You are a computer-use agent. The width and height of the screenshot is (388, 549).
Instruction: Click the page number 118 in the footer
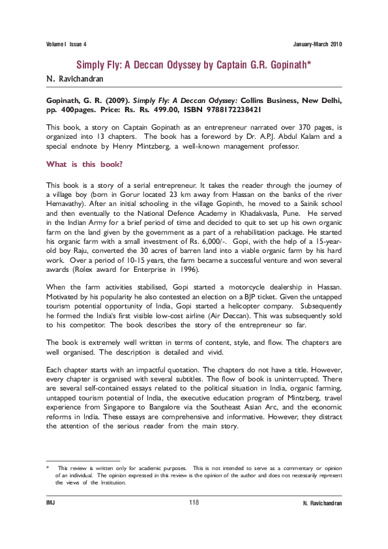tap(194, 503)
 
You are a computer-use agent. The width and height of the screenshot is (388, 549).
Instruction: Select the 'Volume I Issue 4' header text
tap(67, 44)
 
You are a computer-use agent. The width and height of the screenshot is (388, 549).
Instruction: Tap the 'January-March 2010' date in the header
tap(318, 44)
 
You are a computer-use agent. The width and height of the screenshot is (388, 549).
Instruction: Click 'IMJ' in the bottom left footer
tap(50, 504)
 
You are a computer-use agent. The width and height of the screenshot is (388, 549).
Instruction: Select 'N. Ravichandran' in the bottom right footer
tap(323, 504)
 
